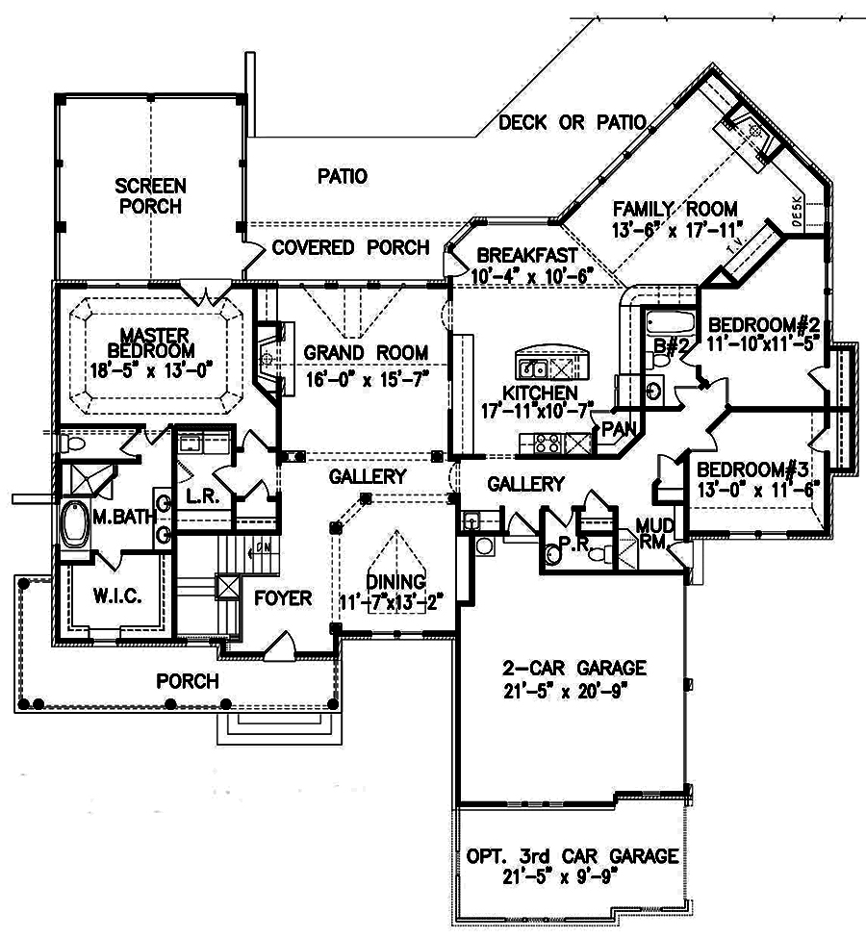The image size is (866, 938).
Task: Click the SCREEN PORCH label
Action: [149, 195]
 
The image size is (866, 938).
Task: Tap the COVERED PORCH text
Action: [350, 248]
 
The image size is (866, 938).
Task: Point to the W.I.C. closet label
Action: [118, 596]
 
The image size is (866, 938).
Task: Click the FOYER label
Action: [283, 598]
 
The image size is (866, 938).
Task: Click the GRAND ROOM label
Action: [366, 353]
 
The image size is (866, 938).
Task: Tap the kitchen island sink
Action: [531, 367]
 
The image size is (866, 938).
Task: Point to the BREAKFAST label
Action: [526, 256]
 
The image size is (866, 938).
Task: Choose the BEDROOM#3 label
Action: [751, 469]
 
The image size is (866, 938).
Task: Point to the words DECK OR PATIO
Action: [572, 122]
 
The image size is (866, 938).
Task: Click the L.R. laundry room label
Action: [198, 497]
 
